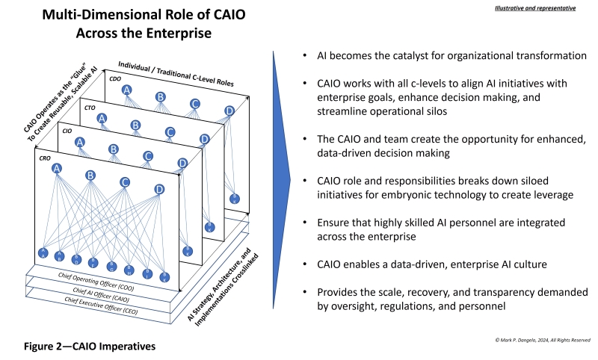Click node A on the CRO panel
click(x=56, y=169)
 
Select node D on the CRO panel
click(x=159, y=189)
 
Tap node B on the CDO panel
click(x=160, y=96)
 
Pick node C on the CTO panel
click(x=170, y=132)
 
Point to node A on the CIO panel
click(x=80, y=142)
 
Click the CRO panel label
click(x=44, y=158)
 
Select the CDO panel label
click(x=115, y=78)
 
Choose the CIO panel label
click(x=67, y=131)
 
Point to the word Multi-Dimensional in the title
click(x=99, y=15)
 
